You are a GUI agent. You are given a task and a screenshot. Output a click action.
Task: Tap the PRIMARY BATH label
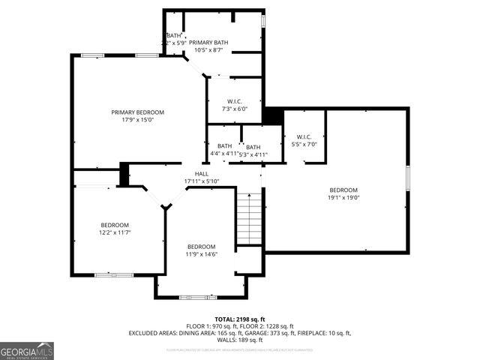pyautogui.click(x=208, y=43)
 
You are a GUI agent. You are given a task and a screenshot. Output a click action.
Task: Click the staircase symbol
pyautogui.click(x=250, y=218)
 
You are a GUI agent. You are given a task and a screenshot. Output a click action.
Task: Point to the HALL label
pyautogui.click(x=201, y=174)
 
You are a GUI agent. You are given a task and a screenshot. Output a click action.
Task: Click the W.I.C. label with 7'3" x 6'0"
pyautogui.click(x=233, y=101)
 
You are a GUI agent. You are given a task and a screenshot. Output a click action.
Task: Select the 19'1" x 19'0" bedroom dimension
pyautogui.click(x=343, y=198)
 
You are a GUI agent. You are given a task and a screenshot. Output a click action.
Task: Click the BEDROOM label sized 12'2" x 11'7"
pyautogui.click(x=115, y=225)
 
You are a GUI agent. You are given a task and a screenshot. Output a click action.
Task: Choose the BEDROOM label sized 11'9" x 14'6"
pyautogui.click(x=201, y=247)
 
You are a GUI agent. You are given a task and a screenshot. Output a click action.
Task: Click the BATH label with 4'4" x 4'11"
pyautogui.click(x=224, y=146)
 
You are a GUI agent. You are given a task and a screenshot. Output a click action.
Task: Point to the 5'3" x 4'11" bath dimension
pyautogui.click(x=253, y=154)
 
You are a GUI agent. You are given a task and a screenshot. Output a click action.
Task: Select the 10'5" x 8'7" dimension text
pyautogui.click(x=208, y=51)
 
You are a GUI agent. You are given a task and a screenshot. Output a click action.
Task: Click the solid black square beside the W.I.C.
pyautogui.click(x=272, y=116)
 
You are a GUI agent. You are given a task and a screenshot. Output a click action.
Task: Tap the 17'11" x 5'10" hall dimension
pyautogui.click(x=201, y=181)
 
